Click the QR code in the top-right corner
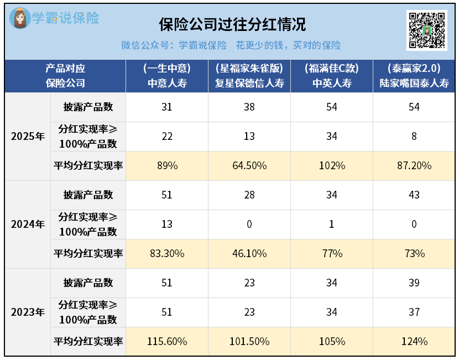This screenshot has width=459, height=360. coord(427,30)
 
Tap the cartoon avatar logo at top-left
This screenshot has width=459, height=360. coord(20,19)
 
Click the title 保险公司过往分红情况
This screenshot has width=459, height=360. coord(232,25)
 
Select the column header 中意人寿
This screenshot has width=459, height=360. coord(167,76)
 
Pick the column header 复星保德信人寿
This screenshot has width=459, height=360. coord(249,76)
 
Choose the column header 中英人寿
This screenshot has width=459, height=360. coord(332,76)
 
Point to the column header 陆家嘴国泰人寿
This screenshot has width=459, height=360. coord(414,76)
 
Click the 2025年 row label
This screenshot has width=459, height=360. coord(28,137)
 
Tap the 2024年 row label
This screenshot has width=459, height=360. coord(28,224)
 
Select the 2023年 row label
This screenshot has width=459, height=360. coord(28,312)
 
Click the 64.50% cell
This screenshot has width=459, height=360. coord(249,166)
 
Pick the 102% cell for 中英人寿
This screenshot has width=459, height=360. coord(332,166)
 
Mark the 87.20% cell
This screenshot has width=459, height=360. coord(414,166)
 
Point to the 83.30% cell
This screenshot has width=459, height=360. coord(167,253)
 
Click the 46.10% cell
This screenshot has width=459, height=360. coord(249,253)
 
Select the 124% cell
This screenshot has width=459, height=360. coord(414,341)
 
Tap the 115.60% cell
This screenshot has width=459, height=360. coord(167,341)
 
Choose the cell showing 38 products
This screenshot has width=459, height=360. coord(249,107)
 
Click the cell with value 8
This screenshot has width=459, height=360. coord(414,137)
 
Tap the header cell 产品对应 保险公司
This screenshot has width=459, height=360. coord(65,76)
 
